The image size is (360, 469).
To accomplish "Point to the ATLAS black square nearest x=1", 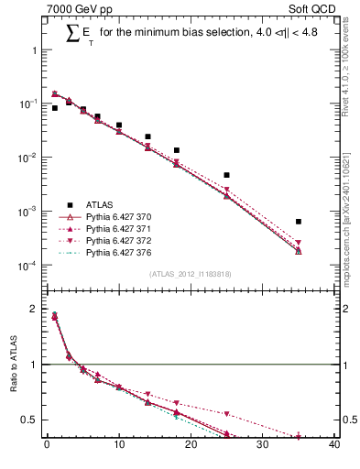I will tap(54, 108).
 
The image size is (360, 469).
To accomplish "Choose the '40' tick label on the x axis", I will tap(334, 446).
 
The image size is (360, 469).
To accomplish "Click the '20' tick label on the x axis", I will tap(191, 446).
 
